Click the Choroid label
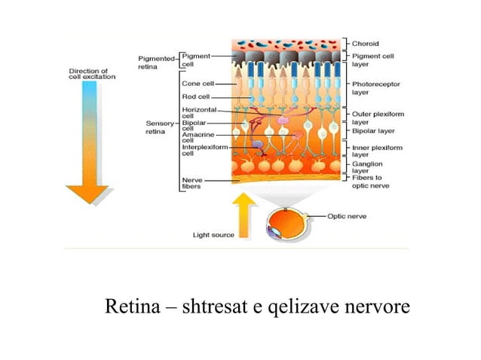365,44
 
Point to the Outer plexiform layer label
372,117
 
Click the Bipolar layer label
370,130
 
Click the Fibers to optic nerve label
370,182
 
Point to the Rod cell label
195,96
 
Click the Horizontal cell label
198,112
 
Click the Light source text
213,235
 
